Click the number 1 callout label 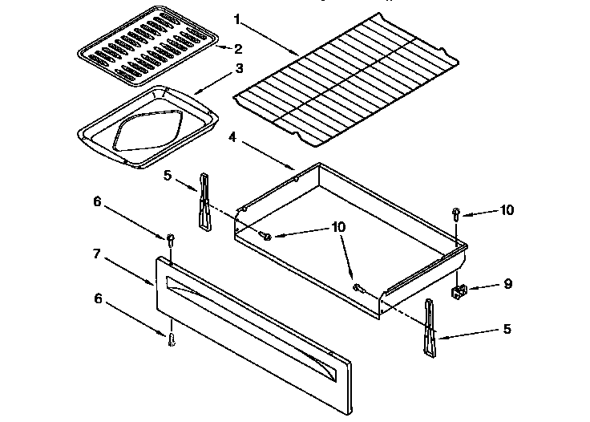(237, 17)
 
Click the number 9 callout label (507, 284)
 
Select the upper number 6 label (98, 202)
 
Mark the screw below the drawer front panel (171, 340)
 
